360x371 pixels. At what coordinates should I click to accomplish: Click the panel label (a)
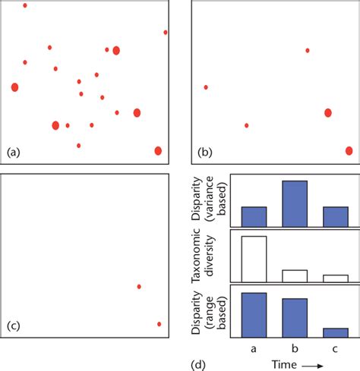tap(13, 152)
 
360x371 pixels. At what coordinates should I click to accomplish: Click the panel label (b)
tap(205, 152)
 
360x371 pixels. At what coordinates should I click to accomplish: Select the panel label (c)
tap(13, 327)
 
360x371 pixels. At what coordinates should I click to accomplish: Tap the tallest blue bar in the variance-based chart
tap(295, 203)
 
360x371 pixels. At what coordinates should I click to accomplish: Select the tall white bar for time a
tap(254, 259)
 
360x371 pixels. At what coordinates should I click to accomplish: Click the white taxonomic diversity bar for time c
tap(336, 278)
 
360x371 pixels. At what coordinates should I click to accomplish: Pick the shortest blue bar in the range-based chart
tap(336, 332)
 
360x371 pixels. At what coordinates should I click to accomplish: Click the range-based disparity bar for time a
tap(254, 315)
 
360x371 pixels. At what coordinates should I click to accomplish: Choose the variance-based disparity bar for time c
tap(336, 217)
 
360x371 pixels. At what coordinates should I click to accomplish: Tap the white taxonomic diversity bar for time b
tap(295, 275)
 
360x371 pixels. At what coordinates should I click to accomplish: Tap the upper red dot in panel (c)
tap(139, 286)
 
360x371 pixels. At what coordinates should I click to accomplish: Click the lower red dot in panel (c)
tap(159, 324)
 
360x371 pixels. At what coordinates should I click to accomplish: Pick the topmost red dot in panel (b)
tap(308, 51)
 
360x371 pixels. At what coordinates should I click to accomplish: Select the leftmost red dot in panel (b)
tap(206, 87)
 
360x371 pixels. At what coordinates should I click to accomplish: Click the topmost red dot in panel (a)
tap(25, 5)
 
